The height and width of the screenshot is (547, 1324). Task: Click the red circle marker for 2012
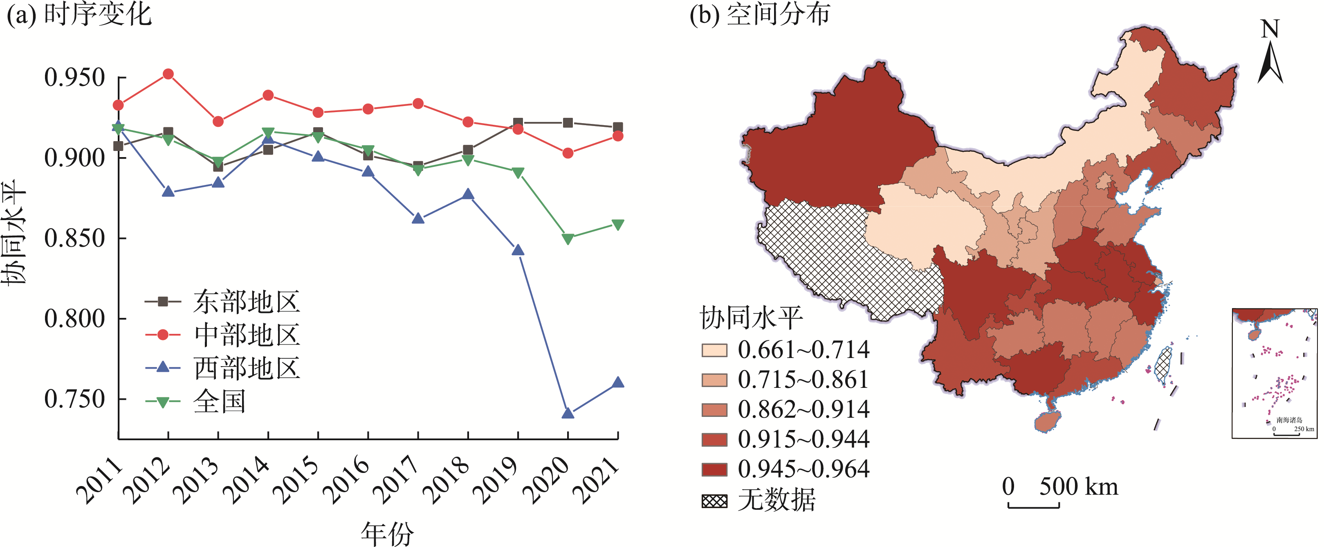tap(168, 74)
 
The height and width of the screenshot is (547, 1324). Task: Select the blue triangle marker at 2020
tap(568, 412)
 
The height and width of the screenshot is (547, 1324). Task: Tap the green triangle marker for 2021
tap(618, 225)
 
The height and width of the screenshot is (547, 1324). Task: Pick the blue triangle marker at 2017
tap(418, 218)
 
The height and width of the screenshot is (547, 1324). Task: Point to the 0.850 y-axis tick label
tap(74, 238)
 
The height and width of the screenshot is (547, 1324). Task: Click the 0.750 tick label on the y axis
tap(74, 399)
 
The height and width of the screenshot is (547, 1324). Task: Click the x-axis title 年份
tap(387, 533)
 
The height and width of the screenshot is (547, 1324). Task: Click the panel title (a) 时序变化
tap(79, 14)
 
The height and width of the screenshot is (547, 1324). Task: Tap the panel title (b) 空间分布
tap(760, 14)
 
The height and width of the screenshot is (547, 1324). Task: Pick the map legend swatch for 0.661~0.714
tap(714, 351)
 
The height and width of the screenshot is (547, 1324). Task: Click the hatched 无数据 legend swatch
tap(714, 501)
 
